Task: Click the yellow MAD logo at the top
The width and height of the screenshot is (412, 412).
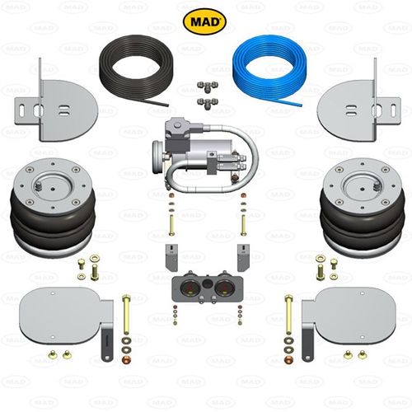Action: [204, 21]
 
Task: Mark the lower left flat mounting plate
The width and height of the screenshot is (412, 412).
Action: [63, 316]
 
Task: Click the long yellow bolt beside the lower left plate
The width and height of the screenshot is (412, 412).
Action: [126, 314]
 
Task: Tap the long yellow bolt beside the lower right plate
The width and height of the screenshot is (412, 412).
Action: [288, 314]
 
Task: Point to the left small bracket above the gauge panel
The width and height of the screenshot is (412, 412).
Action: [171, 257]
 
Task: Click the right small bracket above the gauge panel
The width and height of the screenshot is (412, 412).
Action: [244, 257]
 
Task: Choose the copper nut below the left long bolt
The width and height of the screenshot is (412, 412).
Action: [126, 359]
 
